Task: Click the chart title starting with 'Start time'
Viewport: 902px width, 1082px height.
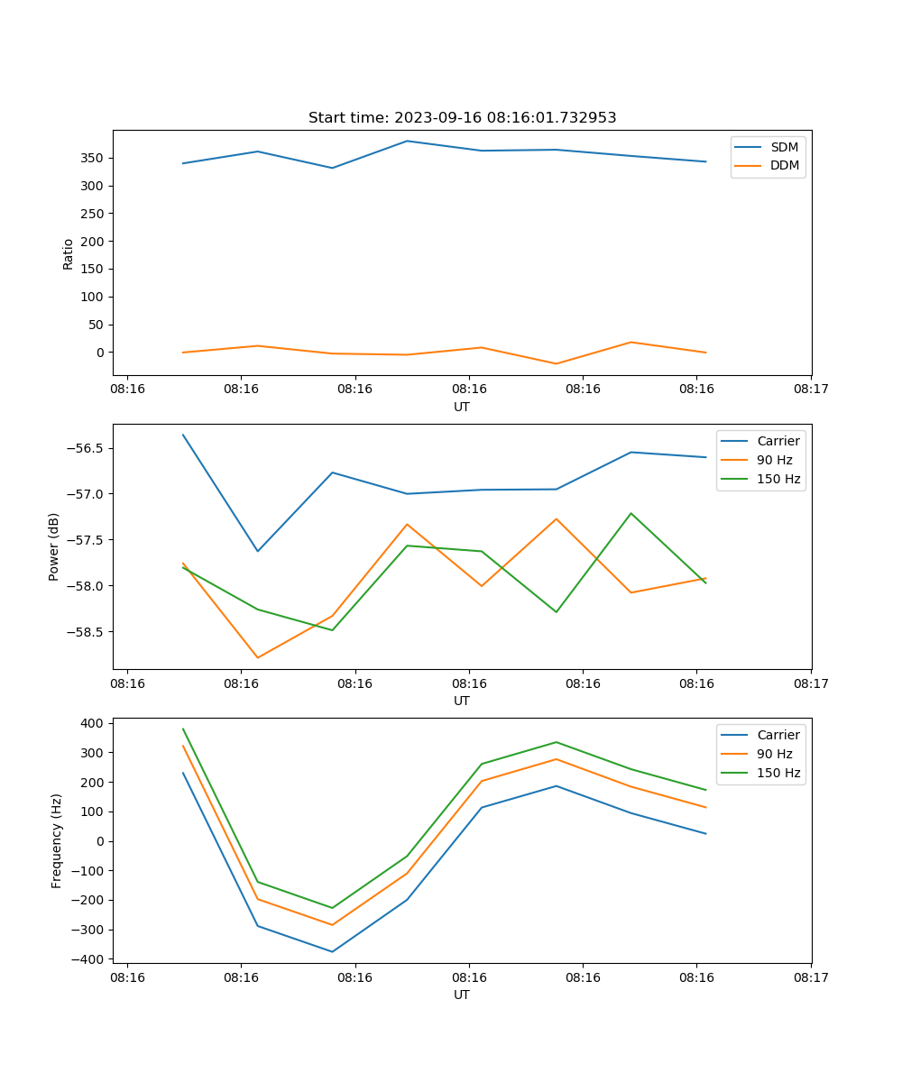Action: [x=462, y=118]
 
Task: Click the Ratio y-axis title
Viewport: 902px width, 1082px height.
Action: [x=68, y=253]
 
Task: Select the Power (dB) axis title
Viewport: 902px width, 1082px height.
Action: [x=54, y=546]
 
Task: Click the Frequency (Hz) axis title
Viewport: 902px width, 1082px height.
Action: [x=56, y=840]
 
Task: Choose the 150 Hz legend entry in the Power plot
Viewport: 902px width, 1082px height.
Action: [x=778, y=479]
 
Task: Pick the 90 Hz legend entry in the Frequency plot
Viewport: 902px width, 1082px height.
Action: [x=774, y=754]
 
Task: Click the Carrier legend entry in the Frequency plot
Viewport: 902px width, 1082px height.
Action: [x=778, y=735]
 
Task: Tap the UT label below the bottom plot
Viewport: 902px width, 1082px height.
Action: [x=462, y=995]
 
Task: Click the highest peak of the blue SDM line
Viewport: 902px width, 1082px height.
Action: [x=407, y=141]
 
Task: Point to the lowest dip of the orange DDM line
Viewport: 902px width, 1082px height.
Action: [x=556, y=363]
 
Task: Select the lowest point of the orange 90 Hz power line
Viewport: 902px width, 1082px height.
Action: [x=258, y=657]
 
